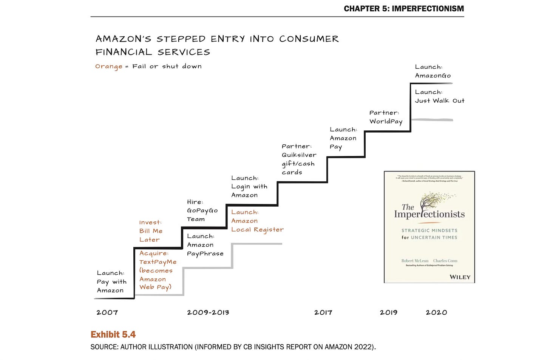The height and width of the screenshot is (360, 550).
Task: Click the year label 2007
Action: (107, 312)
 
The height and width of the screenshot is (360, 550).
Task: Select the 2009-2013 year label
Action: (208, 312)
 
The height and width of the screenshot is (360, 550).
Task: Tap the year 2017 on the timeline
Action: (323, 312)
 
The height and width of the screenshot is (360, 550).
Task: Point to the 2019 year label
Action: (388, 312)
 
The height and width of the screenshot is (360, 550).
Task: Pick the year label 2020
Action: (436, 312)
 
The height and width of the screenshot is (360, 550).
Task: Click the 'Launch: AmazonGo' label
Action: (433, 71)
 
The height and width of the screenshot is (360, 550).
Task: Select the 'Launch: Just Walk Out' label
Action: (439, 96)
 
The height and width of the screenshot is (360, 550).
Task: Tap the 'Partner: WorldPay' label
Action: (386, 117)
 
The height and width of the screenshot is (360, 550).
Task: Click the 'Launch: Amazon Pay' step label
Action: (343, 138)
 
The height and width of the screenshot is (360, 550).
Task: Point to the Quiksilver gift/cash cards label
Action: (299, 159)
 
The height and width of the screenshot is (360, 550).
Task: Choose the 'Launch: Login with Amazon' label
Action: (249, 186)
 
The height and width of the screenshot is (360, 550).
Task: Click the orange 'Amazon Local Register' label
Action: (257, 221)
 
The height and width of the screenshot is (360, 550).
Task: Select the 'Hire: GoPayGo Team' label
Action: (202, 210)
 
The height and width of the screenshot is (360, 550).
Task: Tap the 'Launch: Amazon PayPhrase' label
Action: (205, 245)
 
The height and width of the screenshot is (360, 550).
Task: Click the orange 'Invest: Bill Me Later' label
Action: (150, 231)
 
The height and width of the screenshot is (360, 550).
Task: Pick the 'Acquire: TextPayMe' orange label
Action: (158, 270)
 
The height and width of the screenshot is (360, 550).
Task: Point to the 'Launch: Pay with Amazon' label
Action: (111, 281)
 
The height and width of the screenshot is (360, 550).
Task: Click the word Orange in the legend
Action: (108, 66)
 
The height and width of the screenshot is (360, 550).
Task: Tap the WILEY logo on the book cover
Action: (460, 277)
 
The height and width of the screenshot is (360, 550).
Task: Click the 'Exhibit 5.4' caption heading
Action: (113, 334)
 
